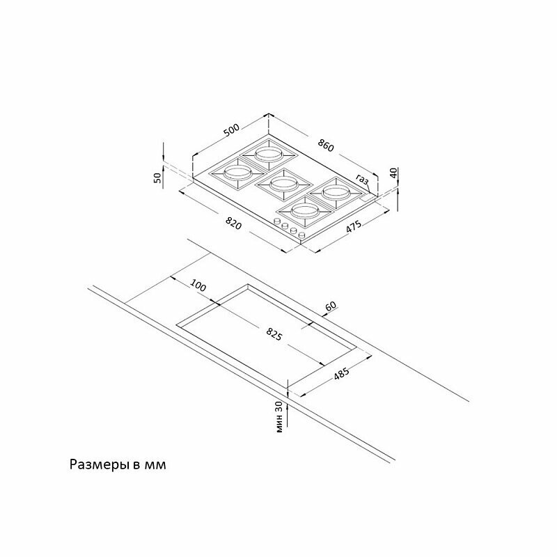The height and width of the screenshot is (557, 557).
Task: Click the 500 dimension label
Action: coord(232,130)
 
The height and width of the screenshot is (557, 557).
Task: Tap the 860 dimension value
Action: coord(326,146)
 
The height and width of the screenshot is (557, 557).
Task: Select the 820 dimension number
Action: coord(234,223)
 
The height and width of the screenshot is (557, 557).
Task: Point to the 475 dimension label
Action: coord(354,227)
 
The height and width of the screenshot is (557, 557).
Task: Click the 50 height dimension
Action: coord(157,177)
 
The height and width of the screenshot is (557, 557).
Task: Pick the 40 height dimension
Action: coord(393,173)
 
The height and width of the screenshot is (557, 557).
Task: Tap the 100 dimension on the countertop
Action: coord(198,285)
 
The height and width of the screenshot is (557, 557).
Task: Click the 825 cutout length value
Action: coord(274,334)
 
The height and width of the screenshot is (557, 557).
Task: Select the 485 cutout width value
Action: coord(342,374)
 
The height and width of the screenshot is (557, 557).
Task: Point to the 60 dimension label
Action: coord(330,306)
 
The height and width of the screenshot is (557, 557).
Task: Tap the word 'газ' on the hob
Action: coord(362,180)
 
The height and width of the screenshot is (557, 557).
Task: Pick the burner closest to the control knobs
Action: coord(304,212)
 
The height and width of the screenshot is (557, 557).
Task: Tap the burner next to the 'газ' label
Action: coord(336,194)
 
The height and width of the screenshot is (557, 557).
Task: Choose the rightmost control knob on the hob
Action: coord(302,235)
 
